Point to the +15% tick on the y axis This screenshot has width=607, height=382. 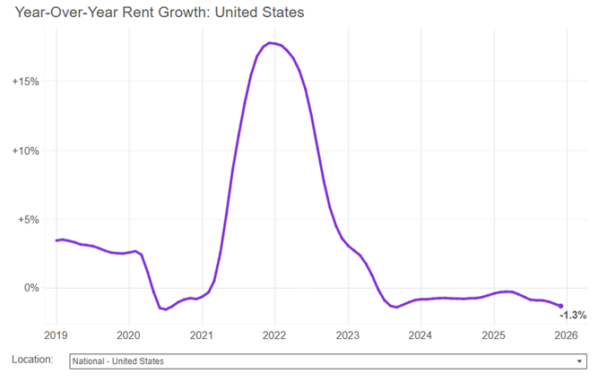pos(25,82)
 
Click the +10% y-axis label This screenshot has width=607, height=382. pos(25,151)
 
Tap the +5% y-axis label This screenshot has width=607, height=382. pos(27,220)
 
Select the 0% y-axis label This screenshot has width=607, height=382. pos(30,288)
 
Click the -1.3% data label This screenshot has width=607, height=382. pos(573,316)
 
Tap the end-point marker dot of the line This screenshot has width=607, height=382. pos(561,306)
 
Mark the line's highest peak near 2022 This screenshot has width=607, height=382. pos(271,43)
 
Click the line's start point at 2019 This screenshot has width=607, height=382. pos(56,240)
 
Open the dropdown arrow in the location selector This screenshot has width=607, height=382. pos(580,361)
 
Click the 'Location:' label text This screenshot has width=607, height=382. pos(32,360)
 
